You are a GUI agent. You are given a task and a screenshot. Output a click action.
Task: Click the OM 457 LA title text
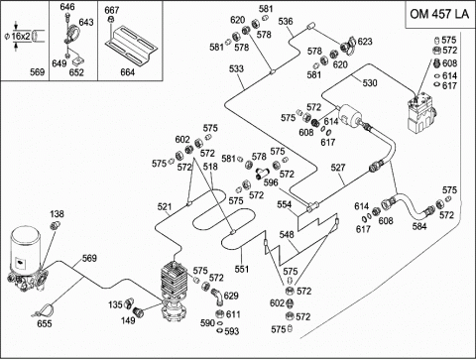coord(439,14)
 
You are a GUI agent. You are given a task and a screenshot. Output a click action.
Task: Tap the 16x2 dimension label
coord(21,36)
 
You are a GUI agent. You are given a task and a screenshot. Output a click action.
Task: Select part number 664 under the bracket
coord(128,72)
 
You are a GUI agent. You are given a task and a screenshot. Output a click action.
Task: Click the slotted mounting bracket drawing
coord(131,46)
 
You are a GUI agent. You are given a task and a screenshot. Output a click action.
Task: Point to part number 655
coord(45,323)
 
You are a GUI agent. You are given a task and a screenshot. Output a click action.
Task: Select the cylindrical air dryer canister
coord(26,248)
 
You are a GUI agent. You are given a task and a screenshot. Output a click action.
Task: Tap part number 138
coord(57,214)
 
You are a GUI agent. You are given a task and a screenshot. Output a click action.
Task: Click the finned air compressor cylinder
coord(174,279)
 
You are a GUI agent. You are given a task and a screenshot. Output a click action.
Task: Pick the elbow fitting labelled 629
coord(216,296)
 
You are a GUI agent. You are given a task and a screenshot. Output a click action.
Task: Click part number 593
coord(232,331)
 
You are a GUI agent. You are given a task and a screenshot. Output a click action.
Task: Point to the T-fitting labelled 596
coord(263,173)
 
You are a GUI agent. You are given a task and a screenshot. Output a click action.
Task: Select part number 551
coord(241,269)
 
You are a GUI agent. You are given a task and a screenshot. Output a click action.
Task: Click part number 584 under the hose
coord(419,226)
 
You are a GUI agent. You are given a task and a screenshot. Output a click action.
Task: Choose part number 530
coord(370,82)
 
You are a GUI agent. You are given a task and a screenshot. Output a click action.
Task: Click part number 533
coord(236,68)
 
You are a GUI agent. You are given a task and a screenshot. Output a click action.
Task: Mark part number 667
coord(112,10)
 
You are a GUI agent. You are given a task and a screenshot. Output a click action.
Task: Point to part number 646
coord(67,7)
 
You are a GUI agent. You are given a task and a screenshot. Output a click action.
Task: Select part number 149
coord(128,320)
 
